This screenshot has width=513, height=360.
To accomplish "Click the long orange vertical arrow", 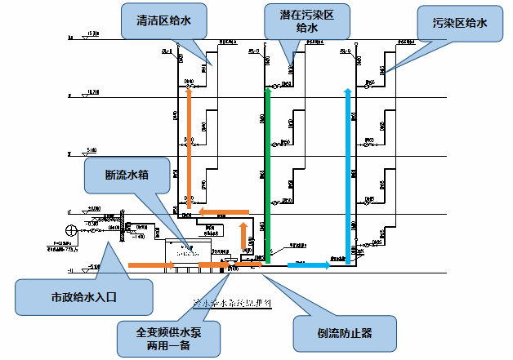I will tap(189, 147).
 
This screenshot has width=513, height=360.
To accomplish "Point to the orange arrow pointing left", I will tap(224, 212).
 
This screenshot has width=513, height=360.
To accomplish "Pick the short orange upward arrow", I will tap(243, 236).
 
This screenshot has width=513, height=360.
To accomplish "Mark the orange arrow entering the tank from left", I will tap(151, 264).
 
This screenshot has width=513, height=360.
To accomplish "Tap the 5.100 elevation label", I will tap(90, 150).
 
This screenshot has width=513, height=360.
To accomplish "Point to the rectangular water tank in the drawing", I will tap(188, 251).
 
